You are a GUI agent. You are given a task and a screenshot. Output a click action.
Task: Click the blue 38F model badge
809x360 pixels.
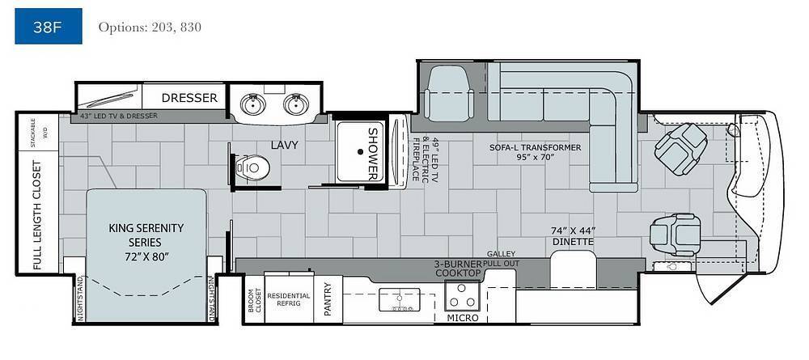coord(48,26)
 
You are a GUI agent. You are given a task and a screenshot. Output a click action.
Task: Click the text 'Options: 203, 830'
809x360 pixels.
coord(150,27)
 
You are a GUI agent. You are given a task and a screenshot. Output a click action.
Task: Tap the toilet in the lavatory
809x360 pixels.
coord(252,167)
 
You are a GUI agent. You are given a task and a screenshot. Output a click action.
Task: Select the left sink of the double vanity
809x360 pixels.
coord(252,104)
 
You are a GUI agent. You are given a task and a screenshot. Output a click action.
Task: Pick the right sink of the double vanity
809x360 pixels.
coord(295,104)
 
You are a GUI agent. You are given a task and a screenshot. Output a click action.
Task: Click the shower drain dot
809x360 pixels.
coord(360,151)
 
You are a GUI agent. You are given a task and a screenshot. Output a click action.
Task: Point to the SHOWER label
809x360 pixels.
coord(373,153)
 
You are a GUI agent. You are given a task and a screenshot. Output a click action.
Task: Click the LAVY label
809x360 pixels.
coord(284,145)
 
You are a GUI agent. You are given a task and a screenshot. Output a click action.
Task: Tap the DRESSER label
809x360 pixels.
coord(189,97)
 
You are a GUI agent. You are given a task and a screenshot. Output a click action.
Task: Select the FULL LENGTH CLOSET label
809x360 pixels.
coord(37,215)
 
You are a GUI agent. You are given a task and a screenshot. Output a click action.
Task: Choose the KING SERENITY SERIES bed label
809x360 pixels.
coord(146,242)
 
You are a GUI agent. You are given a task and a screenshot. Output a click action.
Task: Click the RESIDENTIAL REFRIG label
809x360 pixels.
coord(289,299)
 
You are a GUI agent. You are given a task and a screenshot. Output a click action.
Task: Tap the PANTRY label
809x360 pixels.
coord(327,299)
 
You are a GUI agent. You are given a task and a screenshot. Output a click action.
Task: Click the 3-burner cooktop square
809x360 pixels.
coord(463,295)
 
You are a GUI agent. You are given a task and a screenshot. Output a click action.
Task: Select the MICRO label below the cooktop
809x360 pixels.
coord(463,318)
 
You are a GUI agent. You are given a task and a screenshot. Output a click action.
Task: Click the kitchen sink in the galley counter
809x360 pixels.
coord(400,299)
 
